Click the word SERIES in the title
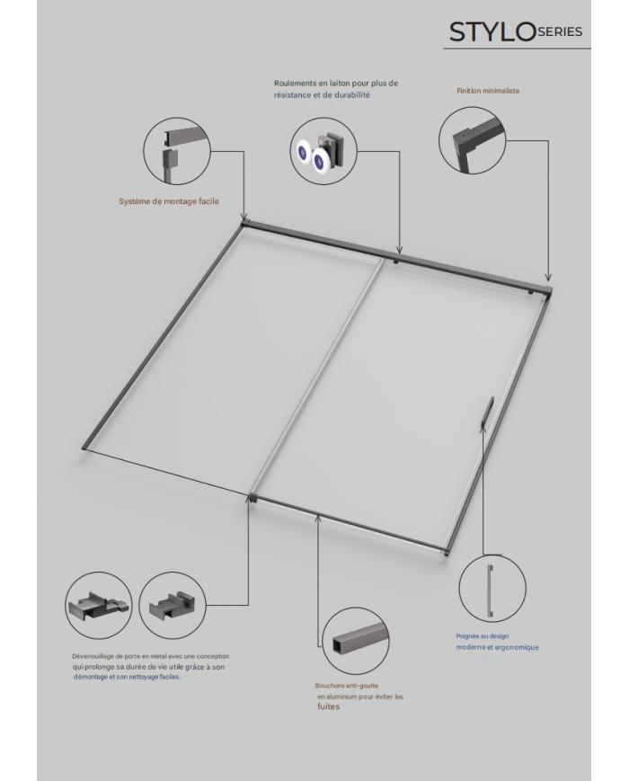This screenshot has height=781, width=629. (561, 31)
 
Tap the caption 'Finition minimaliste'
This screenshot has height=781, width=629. (488, 91)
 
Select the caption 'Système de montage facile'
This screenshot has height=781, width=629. (169, 201)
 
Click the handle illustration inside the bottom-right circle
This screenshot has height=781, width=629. (491, 593)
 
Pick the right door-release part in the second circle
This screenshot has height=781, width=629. (172, 606)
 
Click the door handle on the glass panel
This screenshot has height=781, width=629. (486, 411)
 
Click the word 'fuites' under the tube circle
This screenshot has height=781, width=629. (329, 706)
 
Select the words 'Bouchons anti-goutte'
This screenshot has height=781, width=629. (347, 686)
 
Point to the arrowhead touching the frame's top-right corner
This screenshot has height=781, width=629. (548, 279)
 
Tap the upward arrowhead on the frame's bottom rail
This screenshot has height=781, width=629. (318, 519)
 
